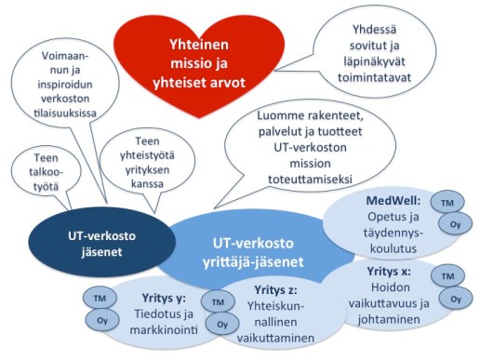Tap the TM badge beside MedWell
point(449,203)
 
